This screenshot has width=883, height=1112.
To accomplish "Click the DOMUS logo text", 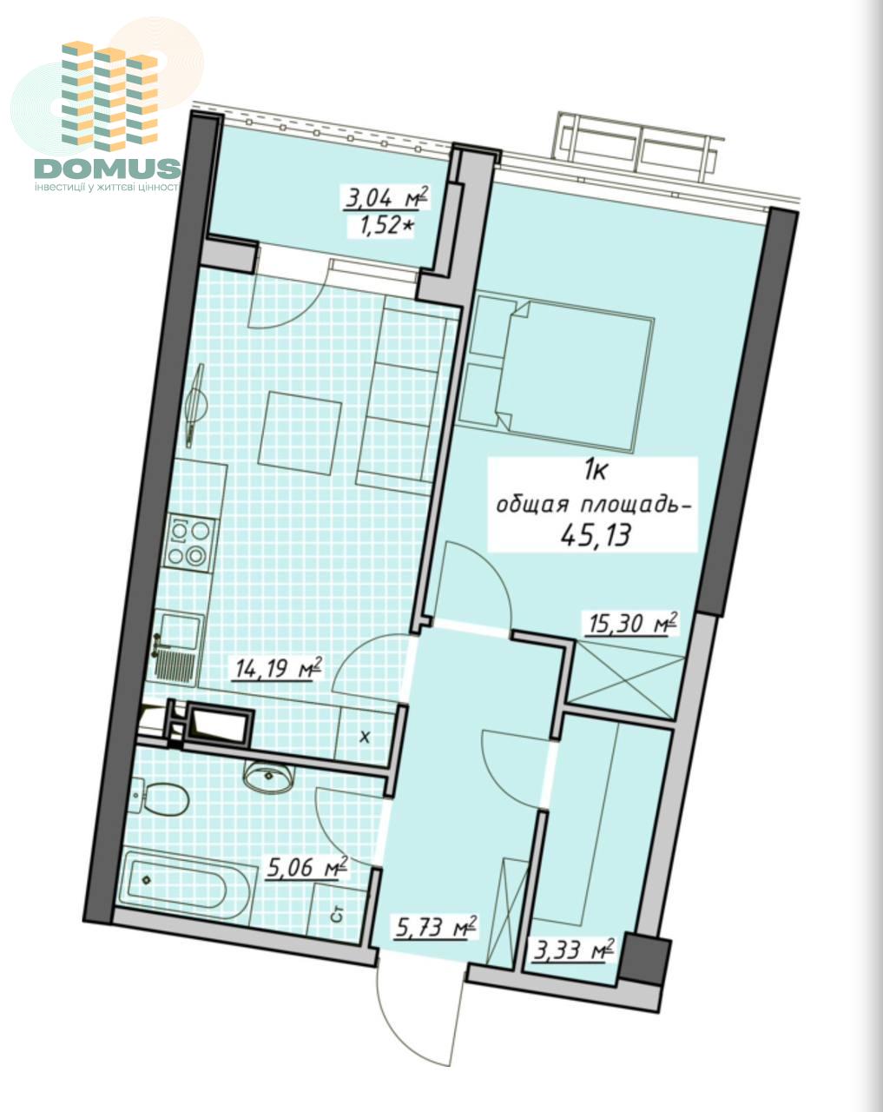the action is [x=108, y=169].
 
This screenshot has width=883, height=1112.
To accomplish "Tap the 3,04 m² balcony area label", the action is [x=387, y=198].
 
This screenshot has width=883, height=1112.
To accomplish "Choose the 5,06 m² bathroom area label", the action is [x=306, y=866].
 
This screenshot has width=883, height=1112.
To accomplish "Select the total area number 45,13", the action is [x=595, y=536].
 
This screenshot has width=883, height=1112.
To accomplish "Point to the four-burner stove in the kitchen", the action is [x=189, y=543].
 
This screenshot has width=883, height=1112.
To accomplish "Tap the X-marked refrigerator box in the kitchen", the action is [x=366, y=738].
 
